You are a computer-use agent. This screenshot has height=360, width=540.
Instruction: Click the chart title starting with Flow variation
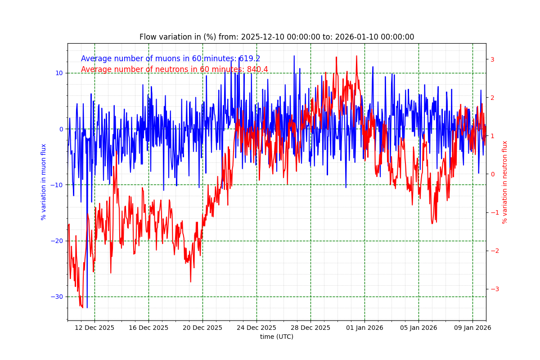tap(276, 37)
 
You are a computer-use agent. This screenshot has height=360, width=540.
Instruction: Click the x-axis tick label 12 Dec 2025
tap(94, 328)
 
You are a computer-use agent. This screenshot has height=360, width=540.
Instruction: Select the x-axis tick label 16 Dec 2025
tap(148, 328)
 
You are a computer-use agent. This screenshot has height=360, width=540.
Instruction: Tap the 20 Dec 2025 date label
tap(202, 328)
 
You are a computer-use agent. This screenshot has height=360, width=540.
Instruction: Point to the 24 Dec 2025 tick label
tap(256, 328)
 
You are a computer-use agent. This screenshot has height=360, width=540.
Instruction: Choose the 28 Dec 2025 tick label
tap(310, 328)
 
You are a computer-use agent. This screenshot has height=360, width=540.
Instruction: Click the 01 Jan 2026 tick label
tap(364, 328)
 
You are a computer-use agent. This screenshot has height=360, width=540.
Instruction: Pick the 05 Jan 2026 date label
tap(418, 328)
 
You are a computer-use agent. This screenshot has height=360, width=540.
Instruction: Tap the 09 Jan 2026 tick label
tap(472, 328)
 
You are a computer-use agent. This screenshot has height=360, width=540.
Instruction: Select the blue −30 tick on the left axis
tap(58, 297)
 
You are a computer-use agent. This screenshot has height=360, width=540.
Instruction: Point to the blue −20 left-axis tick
tap(58, 241)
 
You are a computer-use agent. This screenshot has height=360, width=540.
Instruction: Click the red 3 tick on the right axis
tap(492, 59)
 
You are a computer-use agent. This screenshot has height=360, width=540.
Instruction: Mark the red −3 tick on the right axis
tap(494, 289)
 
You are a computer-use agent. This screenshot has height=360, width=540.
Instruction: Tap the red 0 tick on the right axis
tap(492, 174)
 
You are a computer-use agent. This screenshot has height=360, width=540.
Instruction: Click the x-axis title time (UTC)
tap(276, 337)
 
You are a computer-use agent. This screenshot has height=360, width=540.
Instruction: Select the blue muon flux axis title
tap(44, 182)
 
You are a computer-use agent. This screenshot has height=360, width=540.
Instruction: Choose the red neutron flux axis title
tap(505, 182)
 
